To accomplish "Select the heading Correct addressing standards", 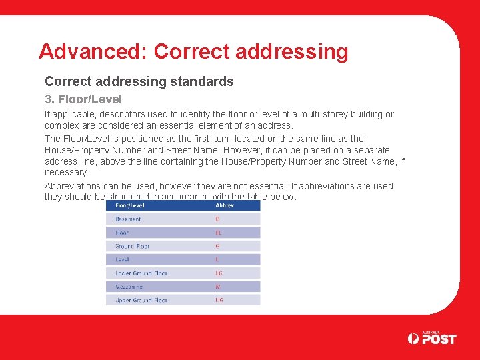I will pyautogui.click(x=139, y=81).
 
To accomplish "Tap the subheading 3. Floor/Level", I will pyautogui.click(x=83, y=99).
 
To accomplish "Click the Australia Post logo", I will pyautogui.click(x=431, y=338).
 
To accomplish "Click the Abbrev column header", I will pyautogui.click(x=225, y=205).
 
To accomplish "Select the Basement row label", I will pyautogui.click(x=128, y=219).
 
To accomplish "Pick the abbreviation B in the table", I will pyautogui.click(x=217, y=219).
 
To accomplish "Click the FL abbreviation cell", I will pyautogui.click(x=219, y=233).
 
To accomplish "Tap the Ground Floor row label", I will pyautogui.click(x=132, y=246).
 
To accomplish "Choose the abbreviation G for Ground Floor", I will pyautogui.click(x=217, y=246).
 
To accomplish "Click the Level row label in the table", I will pyautogui.click(x=122, y=259).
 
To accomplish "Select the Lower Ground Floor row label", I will pyautogui.click(x=141, y=273).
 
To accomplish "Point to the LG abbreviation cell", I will pyautogui.click(x=219, y=273).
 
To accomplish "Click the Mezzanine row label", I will pyautogui.click(x=129, y=287).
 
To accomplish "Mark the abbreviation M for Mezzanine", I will pyautogui.click(x=218, y=287).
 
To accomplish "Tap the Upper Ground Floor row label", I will pyautogui.click(x=141, y=300).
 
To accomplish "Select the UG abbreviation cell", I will pyautogui.click(x=219, y=300).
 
